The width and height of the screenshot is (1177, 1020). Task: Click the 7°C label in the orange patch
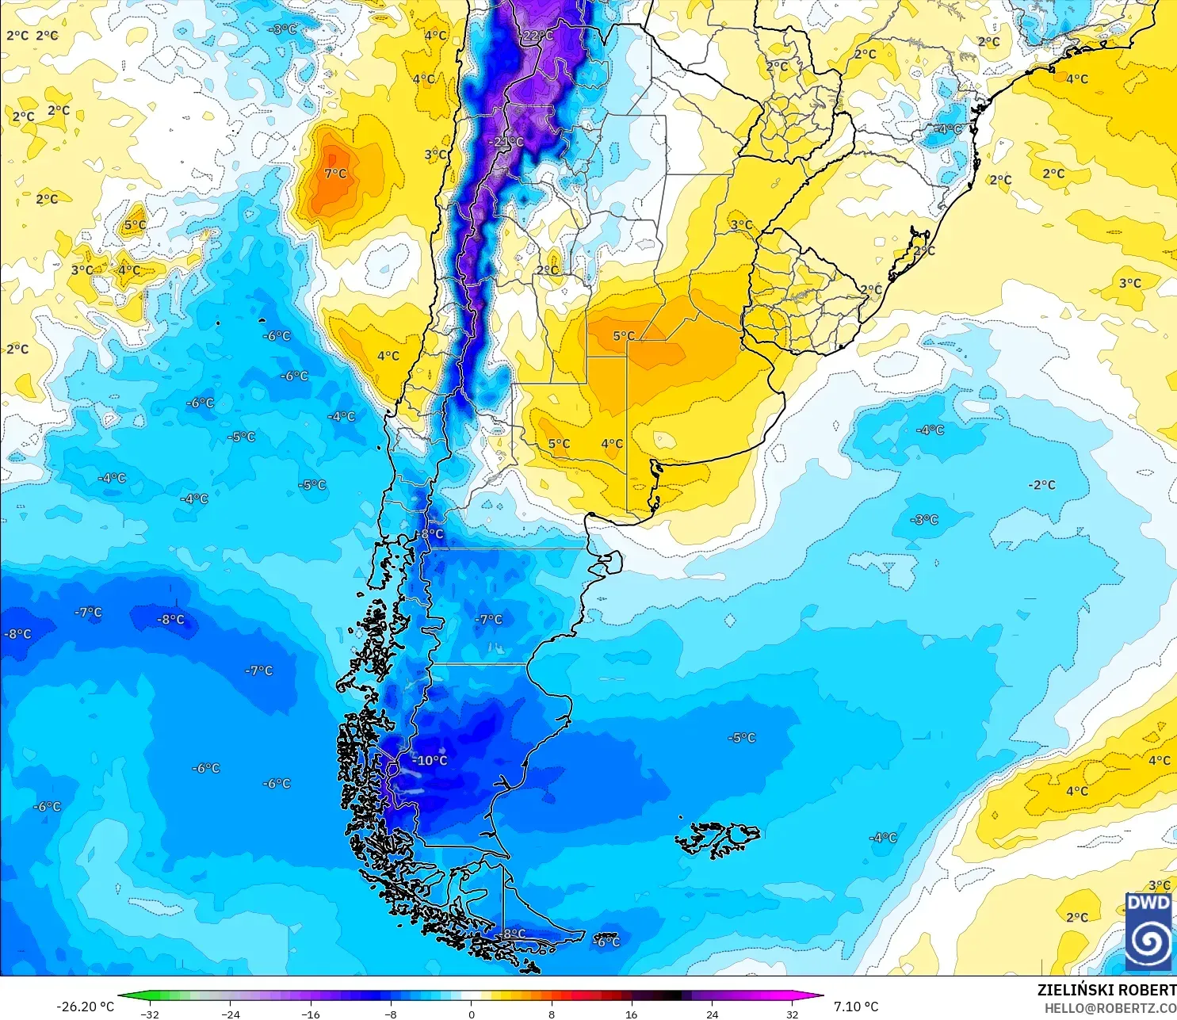(335, 174)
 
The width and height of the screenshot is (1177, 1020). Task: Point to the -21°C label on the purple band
(507, 142)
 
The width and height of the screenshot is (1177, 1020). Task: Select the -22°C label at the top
(537, 36)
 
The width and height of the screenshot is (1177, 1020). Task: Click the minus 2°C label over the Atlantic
(1041, 485)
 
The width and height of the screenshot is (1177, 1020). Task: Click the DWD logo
(1148, 931)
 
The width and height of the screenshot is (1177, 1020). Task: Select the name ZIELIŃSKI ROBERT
(1106, 990)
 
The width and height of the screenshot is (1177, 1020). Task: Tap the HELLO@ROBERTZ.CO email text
(1110, 1008)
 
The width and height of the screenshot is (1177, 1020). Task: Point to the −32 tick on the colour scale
(150, 1014)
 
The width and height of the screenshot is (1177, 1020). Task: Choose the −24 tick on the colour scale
(230, 1014)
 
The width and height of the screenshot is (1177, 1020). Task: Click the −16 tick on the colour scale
(311, 1014)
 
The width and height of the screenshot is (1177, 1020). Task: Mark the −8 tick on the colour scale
(391, 1014)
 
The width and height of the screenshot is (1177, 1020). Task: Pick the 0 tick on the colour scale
(472, 1014)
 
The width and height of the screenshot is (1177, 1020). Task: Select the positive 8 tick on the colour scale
(552, 1014)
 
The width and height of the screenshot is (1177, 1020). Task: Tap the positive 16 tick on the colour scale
(632, 1014)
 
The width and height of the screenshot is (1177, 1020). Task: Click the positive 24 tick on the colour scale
(713, 1014)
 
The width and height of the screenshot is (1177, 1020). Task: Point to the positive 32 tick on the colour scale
(793, 1014)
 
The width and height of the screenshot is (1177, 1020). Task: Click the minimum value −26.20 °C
(85, 1007)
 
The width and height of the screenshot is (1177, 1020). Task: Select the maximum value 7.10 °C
(856, 1007)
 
